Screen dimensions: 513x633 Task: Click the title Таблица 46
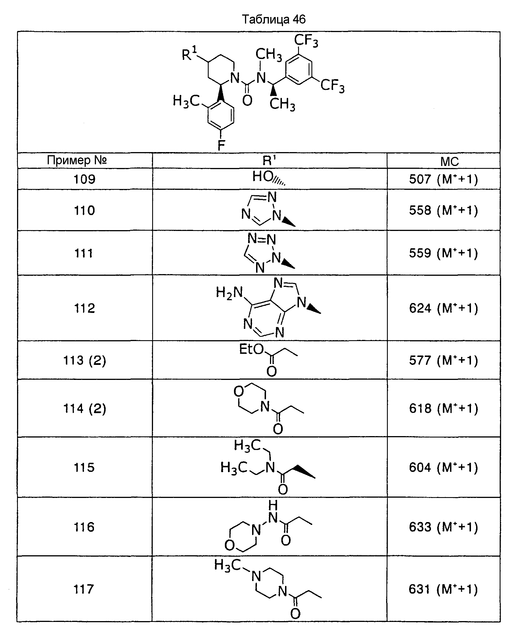[274, 20]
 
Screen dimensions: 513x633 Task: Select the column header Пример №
[77, 160]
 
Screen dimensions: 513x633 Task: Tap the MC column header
[449, 161]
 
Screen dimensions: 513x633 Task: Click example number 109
[84, 179]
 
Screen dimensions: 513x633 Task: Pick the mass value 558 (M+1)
[443, 210]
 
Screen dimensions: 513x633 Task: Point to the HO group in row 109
[263, 176]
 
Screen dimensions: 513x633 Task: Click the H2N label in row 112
[229, 293]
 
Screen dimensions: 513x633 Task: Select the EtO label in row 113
[251, 349]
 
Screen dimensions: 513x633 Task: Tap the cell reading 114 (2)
[85, 409]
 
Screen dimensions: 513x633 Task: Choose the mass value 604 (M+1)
[443, 467]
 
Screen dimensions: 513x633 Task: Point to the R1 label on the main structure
[189, 53]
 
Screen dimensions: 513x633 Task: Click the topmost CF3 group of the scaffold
[306, 41]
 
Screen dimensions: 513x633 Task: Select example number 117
[84, 589]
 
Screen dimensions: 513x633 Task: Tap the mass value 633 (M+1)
[443, 527]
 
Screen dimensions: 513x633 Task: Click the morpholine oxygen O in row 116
[229, 545]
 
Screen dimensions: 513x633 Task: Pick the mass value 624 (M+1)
[443, 308]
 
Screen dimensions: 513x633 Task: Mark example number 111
[84, 253]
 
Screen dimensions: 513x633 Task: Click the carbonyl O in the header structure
[247, 100]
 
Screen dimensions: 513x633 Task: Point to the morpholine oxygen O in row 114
[238, 391]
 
